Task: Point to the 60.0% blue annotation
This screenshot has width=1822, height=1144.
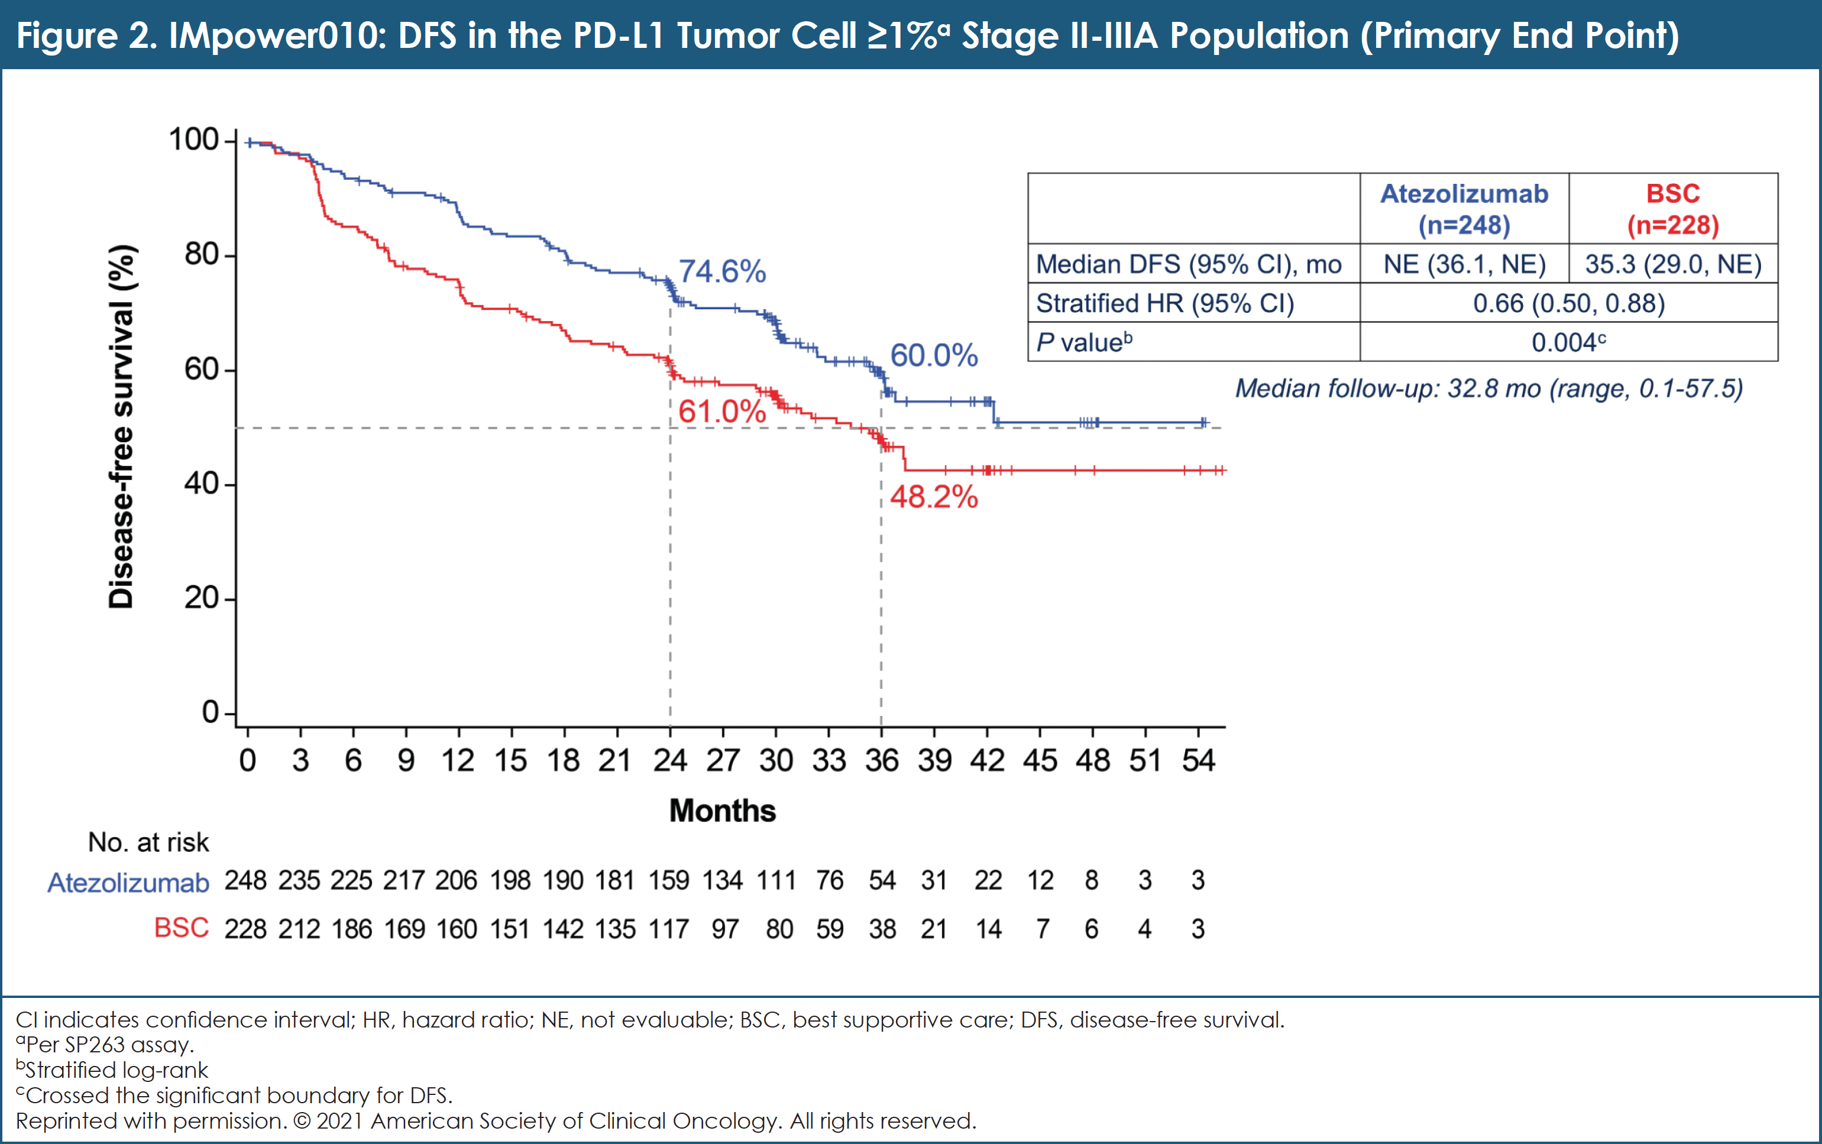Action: pyautogui.click(x=933, y=355)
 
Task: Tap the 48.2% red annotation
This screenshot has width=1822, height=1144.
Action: pyautogui.click(x=933, y=497)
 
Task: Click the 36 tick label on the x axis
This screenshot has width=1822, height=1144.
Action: pyautogui.click(x=882, y=760)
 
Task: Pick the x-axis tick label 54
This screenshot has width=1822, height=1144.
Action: pyautogui.click(x=1198, y=760)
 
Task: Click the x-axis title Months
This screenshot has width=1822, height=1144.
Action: pyautogui.click(x=722, y=811)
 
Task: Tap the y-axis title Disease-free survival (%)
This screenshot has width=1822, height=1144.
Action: pyautogui.click(x=121, y=427)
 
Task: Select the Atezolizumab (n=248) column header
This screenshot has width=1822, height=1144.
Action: pyautogui.click(x=1464, y=209)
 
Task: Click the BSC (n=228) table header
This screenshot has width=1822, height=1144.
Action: pyautogui.click(x=1672, y=209)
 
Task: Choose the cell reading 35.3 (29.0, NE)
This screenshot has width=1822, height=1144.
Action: pyautogui.click(x=1672, y=264)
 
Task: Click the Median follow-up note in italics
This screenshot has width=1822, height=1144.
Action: pyautogui.click(x=1488, y=389)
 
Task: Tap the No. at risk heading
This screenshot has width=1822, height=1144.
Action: pyautogui.click(x=148, y=842)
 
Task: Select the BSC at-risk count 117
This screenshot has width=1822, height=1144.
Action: pyautogui.click(x=669, y=929)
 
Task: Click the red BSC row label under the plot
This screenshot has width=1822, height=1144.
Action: pyautogui.click(x=181, y=928)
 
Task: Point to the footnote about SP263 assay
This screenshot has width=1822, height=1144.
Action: pyautogui.click(x=105, y=1045)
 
